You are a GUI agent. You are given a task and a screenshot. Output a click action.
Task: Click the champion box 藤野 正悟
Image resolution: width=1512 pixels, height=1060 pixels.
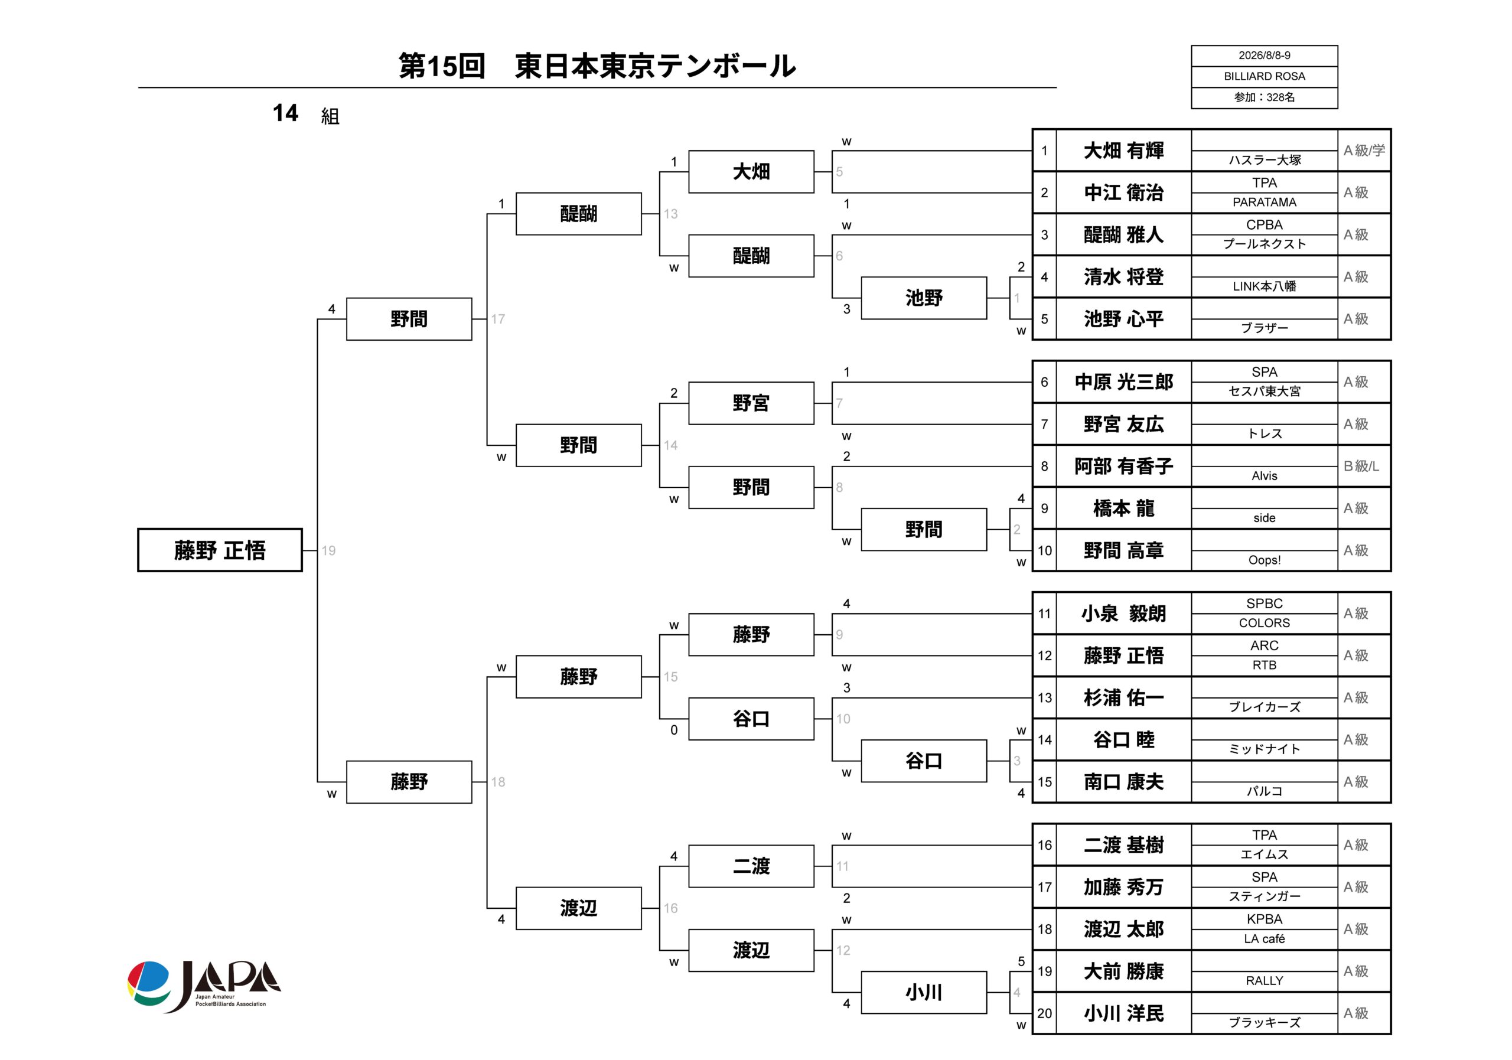click(x=220, y=550)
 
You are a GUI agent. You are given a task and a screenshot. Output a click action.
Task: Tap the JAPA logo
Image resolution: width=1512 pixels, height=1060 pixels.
click(x=204, y=986)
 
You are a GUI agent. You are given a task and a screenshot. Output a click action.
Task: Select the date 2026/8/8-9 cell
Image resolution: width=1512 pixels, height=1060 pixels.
click(x=1265, y=56)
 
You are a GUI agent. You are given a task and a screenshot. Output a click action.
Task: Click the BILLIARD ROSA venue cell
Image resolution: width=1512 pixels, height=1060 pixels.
click(x=1265, y=76)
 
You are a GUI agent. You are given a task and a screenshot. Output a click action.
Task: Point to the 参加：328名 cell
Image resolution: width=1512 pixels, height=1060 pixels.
click(x=1265, y=97)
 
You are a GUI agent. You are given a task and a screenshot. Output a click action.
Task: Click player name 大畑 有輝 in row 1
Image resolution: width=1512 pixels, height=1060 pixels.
click(x=1123, y=151)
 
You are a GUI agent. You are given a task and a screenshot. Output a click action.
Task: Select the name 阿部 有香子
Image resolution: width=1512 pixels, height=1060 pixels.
click(x=1123, y=466)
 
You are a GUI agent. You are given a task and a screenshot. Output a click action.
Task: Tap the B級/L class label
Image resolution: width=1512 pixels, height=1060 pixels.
click(x=1361, y=466)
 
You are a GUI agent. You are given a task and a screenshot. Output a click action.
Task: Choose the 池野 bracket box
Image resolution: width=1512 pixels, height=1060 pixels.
click(x=924, y=298)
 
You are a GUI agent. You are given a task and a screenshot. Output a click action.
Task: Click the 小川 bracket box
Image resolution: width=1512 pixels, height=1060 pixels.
click(x=924, y=992)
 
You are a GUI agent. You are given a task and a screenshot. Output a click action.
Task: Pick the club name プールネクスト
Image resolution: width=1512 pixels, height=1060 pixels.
click(x=1265, y=244)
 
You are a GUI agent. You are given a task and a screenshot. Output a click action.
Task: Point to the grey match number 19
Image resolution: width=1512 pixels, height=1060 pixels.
click(x=328, y=550)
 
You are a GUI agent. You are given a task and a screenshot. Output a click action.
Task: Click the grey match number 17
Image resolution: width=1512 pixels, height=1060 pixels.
click(x=498, y=319)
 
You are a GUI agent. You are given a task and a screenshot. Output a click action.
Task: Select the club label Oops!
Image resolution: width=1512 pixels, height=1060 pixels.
click(x=1265, y=560)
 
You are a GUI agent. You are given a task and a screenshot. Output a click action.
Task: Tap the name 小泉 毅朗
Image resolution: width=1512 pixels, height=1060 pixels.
click(x=1123, y=614)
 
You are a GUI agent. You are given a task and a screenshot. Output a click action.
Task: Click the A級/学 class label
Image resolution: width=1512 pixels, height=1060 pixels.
click(x=1364, y=151)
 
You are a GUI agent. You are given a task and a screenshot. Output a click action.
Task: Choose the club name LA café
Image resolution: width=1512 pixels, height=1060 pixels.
click(x=1265, y=939)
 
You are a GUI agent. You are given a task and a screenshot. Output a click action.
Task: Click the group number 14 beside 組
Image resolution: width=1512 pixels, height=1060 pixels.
click(x=285, y=113)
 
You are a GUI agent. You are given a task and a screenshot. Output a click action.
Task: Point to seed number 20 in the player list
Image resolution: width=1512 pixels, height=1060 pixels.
click(x=1044, y=1013)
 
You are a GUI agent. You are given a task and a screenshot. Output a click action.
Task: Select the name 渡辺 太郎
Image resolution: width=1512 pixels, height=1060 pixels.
click(x=1123, y=929)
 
